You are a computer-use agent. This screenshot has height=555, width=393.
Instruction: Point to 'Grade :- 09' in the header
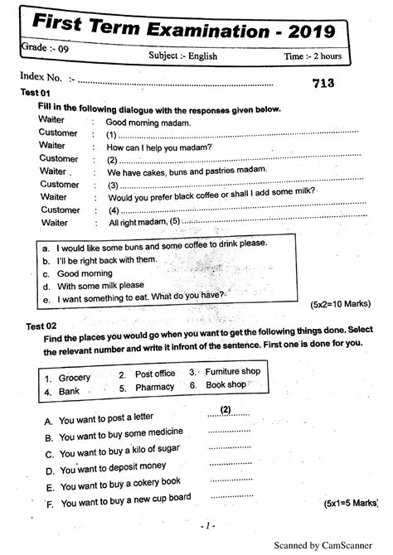tap(43, 49)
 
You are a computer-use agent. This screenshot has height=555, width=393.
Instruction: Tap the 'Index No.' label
tap(41, 78)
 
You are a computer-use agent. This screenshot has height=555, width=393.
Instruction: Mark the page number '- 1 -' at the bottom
tap(207, 525)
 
